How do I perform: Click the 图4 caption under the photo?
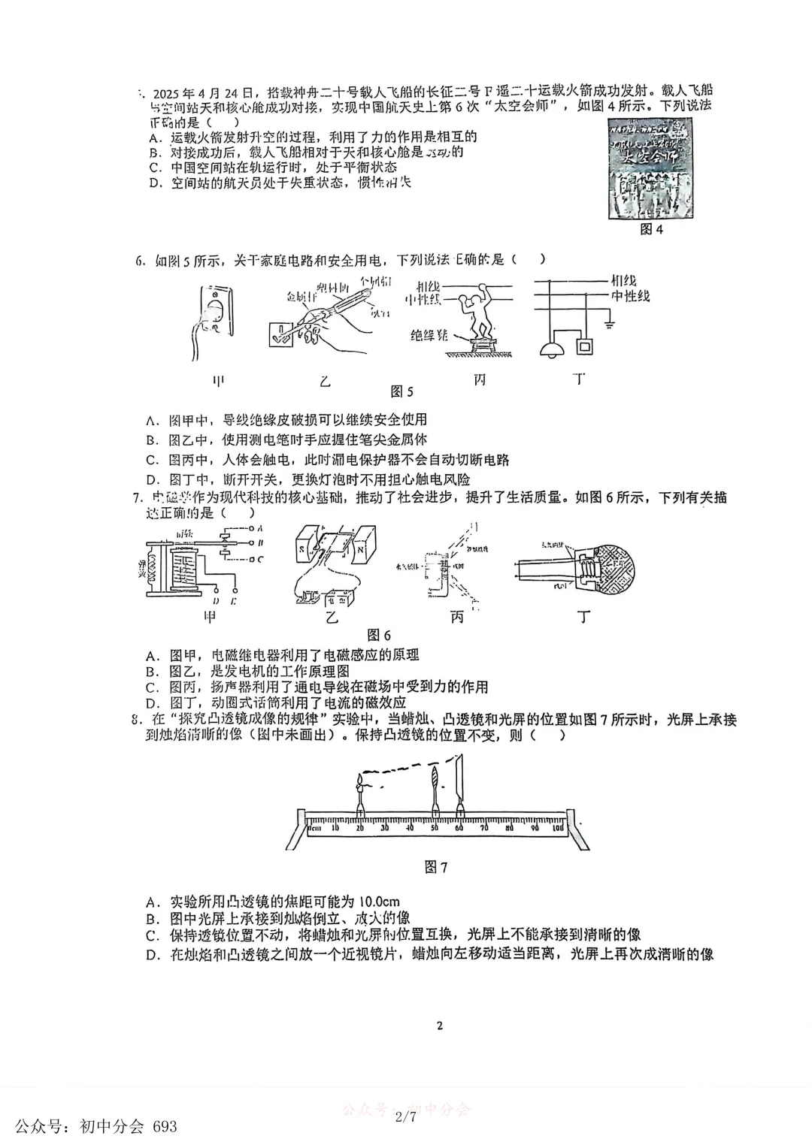pos(651,230)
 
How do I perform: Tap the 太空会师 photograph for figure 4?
pos(650,169)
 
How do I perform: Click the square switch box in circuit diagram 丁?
pos(585,346)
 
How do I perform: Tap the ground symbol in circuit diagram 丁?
pos(611,325)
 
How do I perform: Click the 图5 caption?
pos(402,391)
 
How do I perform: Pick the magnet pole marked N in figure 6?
pos(362,548)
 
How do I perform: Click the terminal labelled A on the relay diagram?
pos(259,529)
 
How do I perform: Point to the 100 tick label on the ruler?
pos(557,827)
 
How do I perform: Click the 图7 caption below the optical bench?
pos(436,867)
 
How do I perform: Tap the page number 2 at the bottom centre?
pos(440,1026)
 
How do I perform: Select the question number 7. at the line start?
pos(137,497)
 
